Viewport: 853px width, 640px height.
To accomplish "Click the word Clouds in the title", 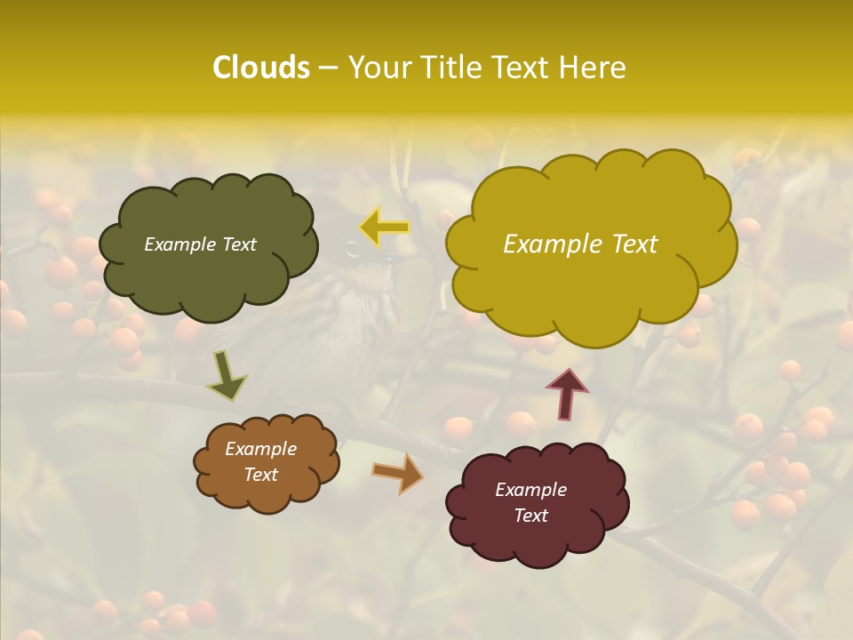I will (261, 68).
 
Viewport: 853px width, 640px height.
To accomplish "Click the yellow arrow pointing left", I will (385, 228).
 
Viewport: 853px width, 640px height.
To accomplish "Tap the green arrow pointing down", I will (227, 377).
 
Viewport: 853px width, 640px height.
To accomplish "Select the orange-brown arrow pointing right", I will (397, 473).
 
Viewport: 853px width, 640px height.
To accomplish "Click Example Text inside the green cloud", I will (200, 244).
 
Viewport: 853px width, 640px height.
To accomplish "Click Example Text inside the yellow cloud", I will (580, 244).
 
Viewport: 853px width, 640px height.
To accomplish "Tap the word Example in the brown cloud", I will (260, 449).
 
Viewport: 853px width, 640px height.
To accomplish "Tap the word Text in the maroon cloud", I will (530, 516).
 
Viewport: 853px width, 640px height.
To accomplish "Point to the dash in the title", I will (327, 68).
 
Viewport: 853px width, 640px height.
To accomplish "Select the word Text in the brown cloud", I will (260, 475).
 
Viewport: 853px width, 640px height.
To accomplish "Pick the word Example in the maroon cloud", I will (530, 490).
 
